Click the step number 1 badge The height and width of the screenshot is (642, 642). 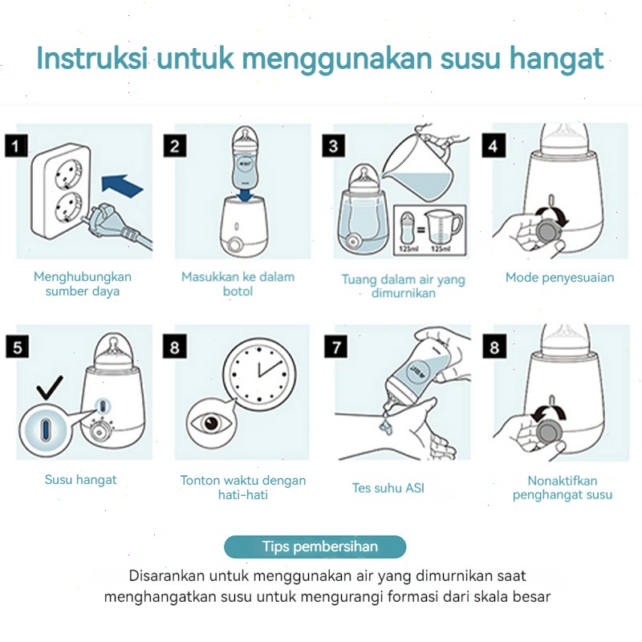coord(16,146)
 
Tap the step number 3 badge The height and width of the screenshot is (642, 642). coord(334,146)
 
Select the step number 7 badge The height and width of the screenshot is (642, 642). coord(335,347)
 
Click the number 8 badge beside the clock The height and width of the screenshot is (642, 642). coord(175,347)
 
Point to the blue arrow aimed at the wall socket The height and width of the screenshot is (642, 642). coord(122,186)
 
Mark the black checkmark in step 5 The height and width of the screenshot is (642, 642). coord(50,388)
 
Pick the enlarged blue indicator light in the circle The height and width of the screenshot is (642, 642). coord(45,429)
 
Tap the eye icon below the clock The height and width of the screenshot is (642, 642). coord(210,422)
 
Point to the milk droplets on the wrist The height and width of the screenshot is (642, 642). coord(385,423)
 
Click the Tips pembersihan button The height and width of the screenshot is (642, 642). coord(315,547)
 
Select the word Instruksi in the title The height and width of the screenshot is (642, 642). coord(92,58)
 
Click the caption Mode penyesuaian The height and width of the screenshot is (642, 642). coord(559,278)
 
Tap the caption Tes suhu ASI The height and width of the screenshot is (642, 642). coord(388,488)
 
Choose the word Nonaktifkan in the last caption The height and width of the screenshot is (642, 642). coord(563,480)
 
